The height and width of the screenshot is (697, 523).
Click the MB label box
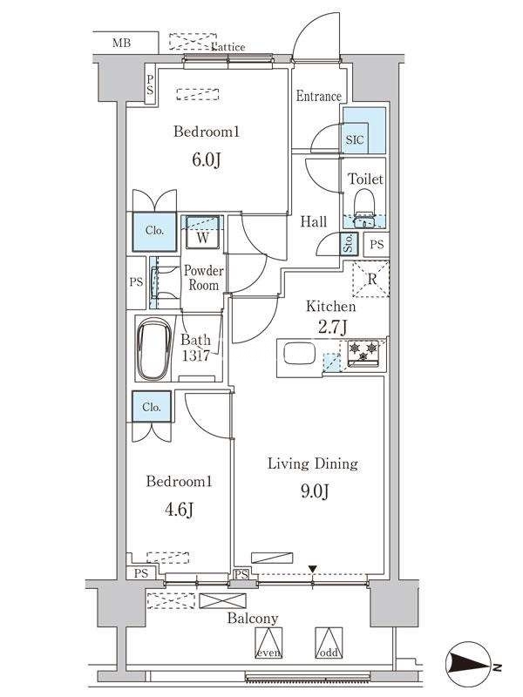pos(126,43)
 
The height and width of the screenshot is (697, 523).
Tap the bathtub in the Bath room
pos(154,349)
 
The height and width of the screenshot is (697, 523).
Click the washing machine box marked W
pos(202,232)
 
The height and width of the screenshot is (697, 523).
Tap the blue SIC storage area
pos(363,130)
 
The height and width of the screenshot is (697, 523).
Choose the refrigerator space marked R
pos(371,279)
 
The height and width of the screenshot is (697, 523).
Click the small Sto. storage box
pos(348,244)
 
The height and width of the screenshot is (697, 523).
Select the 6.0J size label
pos(207,160)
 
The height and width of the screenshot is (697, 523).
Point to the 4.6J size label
pos(180,510)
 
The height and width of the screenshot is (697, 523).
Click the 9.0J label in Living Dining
pos(315,491)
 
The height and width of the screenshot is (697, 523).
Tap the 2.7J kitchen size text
pos(332,327)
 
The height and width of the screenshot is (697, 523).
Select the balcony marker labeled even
pos(268,642)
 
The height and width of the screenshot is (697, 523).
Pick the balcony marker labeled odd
pos(329,642)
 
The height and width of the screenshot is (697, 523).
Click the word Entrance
pos(319,96)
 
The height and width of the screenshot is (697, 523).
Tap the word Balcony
pos(253,619)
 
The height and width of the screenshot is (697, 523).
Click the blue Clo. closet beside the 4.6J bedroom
pos(151,406)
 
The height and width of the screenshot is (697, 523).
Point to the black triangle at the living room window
pos(313,569)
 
